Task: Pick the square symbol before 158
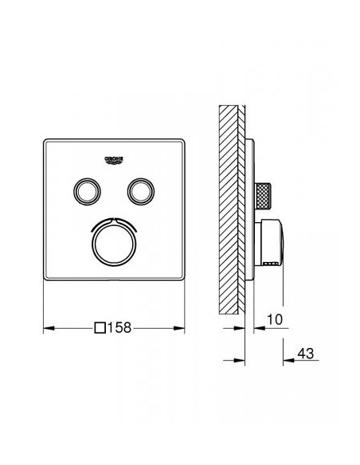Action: [x=100, y=326]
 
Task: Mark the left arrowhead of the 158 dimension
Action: [x=45, y=326]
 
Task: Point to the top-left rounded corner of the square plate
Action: [x=45, y=141]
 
